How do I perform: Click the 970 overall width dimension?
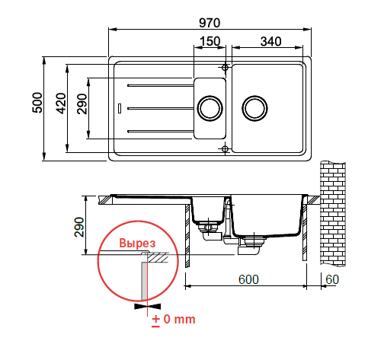pos(210,23)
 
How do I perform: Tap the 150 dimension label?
pos(210,41)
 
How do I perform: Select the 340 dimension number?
pos(270,41)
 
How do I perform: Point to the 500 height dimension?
pos(37,103)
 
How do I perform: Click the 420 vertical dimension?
pos(61,104)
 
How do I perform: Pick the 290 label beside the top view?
pos(82,104)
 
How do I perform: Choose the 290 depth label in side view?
pos(79,227)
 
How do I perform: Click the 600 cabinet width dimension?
pos(248,279)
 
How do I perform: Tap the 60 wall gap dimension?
pos(332,279)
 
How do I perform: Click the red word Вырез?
pos(137,243)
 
